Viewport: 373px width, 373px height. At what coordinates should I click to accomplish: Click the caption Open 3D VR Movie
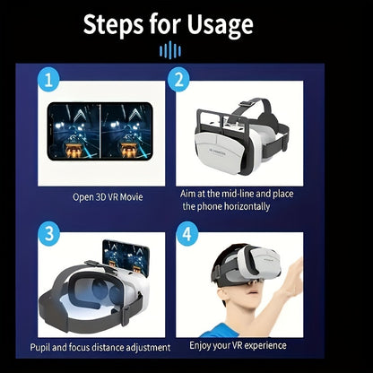point(108,196)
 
